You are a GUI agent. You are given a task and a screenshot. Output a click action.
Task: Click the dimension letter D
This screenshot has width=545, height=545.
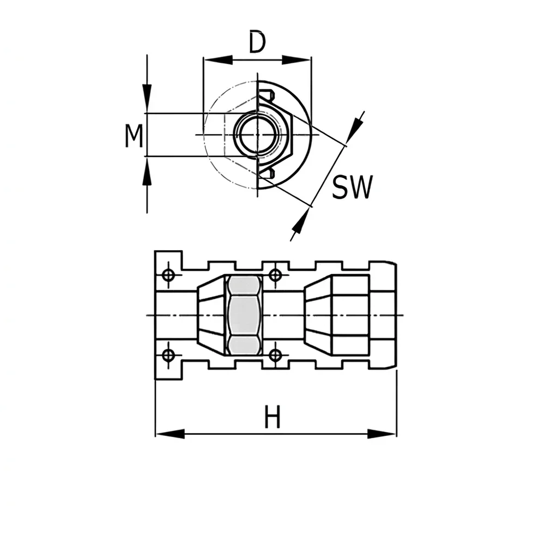tap(258, 43)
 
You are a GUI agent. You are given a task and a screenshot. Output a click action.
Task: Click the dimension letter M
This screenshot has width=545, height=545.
tap(134, 136)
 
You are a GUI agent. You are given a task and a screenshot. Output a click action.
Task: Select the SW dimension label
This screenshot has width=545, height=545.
tap(352, 187)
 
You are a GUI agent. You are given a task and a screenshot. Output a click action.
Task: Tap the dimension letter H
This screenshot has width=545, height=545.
tap(272, 417)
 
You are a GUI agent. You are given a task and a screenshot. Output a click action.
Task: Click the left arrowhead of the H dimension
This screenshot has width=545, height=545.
tap(170, 433)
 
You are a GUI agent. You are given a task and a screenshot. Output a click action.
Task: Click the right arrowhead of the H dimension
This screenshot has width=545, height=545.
tap(381, 433)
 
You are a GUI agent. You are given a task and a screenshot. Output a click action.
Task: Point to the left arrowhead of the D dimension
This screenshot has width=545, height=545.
tap(218, 60)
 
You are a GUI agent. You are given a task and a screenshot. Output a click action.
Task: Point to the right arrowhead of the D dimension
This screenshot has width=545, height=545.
tap(296, 60)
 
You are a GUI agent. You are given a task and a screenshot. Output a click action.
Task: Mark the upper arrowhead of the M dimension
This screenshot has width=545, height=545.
tap(147, 98)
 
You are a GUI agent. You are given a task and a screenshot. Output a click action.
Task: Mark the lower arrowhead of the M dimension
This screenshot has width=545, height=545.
tap(147, 171)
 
